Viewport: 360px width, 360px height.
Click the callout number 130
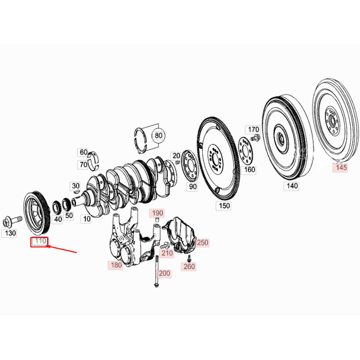tap(9, 233)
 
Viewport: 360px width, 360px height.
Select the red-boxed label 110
tap(40, 241)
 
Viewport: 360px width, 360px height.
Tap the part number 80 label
tap(159, 136)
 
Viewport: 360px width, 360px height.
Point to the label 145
tap(341, 167)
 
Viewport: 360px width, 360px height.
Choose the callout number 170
tap(253, 129)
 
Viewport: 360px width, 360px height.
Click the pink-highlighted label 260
tap(189, 267)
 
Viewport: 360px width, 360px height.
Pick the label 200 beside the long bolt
tap(164, 273)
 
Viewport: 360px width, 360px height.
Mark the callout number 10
tap(87, 219)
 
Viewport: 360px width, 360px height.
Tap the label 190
tap(157, 213)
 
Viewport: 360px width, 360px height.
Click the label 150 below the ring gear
tap(224, 205)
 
